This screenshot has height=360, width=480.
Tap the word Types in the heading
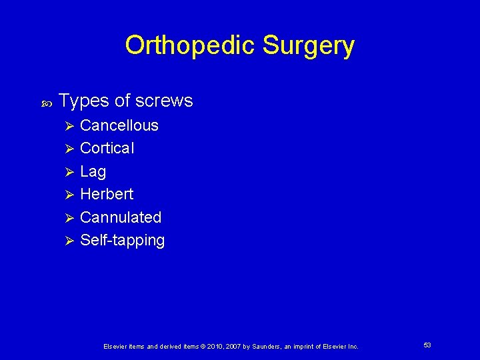click(84, 101)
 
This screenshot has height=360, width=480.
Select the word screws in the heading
click(163, 101)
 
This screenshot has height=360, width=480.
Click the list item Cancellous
click(119, 125)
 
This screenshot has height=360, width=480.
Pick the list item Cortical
click(107, 148)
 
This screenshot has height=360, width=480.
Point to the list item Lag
click(93, 171)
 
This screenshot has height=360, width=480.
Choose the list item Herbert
click(107, 194)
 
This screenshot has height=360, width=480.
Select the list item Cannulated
click(121, 217)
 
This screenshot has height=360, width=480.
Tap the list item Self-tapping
click(122, 240)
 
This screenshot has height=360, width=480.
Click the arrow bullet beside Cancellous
click(65, 126)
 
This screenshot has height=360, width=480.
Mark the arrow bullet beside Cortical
click(65, 149)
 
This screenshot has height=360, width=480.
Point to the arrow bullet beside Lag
click(65, 172)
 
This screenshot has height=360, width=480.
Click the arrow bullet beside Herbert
click(65, 195)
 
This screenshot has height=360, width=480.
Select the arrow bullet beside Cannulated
click(65, 218)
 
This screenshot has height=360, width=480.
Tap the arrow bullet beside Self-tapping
click(65, 241)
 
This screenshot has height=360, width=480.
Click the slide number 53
click(427, 345)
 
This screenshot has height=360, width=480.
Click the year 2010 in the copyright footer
click(215, 347)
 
